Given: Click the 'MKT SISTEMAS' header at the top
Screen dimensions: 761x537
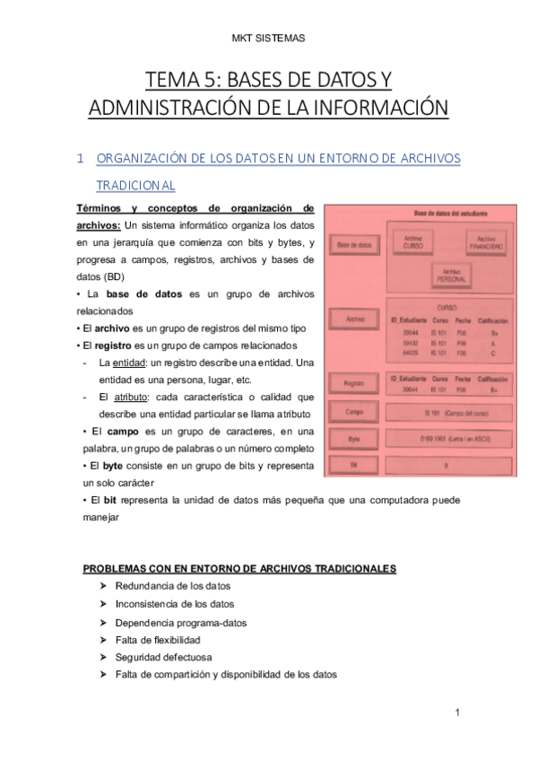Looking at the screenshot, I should tap(269, 38).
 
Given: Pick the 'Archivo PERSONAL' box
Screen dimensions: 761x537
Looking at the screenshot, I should tap(450, 276).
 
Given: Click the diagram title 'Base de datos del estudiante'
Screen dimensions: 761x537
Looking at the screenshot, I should tap(449, 214).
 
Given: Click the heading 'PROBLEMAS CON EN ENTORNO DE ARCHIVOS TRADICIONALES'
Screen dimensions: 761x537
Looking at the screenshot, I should tap(240, 569).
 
